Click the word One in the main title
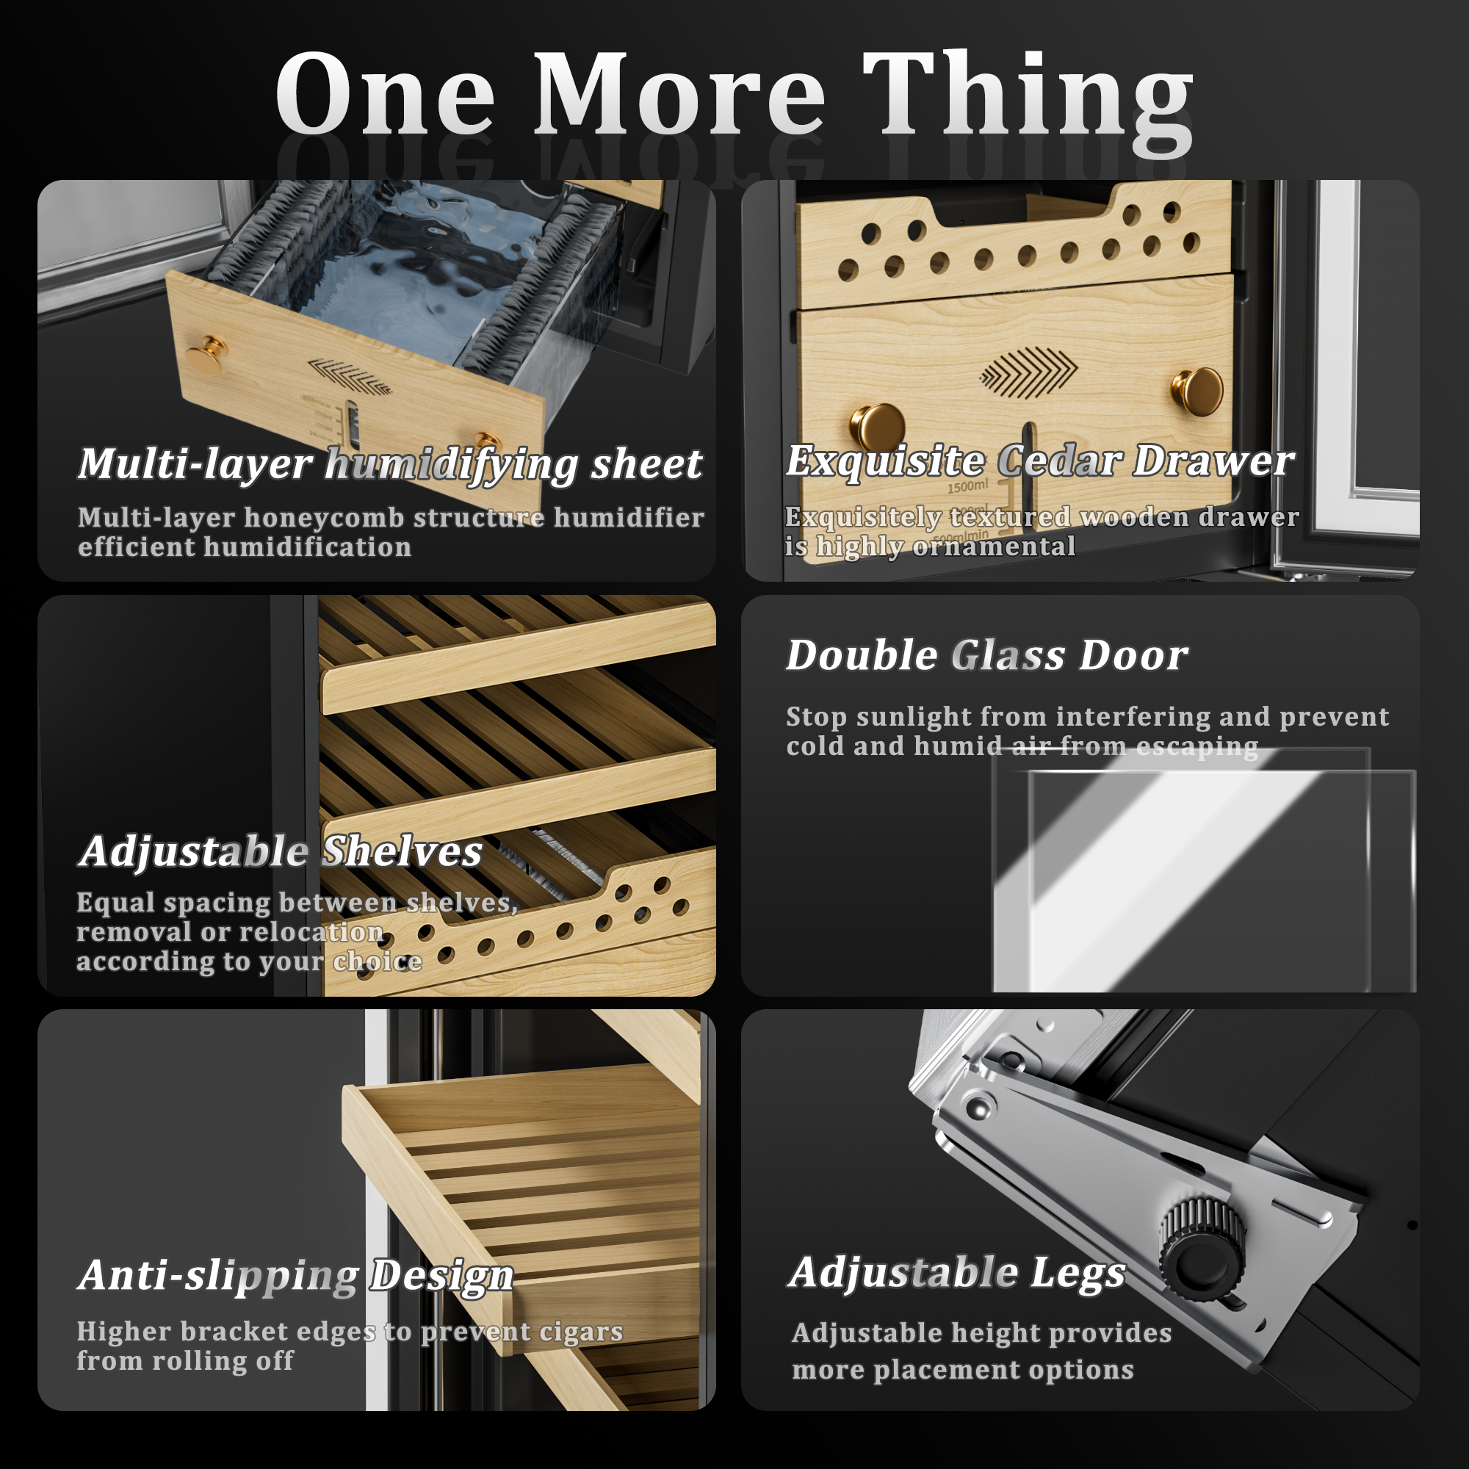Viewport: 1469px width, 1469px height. pyautogui.click(x=385, y=94)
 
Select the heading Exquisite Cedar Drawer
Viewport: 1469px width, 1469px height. pyautogui.click(x=1039, y=461)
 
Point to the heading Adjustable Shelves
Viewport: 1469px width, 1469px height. pyautogui.click(x=281, y=851)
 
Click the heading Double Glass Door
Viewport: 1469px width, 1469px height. pyautogui.click(x=987, y=655)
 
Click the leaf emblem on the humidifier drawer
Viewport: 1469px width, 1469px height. pyautogui.click(x=350, y=376)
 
